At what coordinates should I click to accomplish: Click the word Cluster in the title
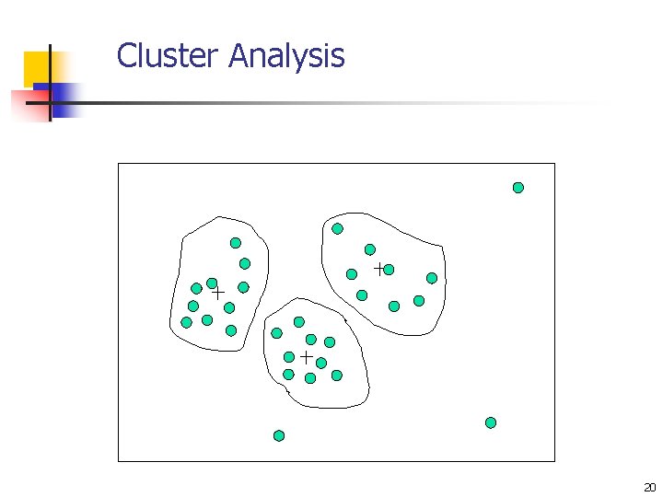(168, 56)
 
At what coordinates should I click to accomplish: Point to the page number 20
(650, 487)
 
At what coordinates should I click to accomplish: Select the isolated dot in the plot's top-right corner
(518, 188)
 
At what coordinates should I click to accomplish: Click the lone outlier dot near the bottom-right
(491, 422)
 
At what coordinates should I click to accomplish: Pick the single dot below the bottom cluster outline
(279, 435)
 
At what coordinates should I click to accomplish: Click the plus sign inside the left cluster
(218, 292)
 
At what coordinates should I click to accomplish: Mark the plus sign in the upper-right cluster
(378, 268)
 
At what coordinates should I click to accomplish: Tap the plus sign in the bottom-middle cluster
(306, 355)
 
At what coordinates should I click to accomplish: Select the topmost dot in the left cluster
(236, 243)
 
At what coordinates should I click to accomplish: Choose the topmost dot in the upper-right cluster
(338, 228)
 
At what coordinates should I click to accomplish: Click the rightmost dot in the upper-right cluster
(432, 278)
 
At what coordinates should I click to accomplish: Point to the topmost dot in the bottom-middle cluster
(299, 322)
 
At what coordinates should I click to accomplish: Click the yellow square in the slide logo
(38, 67)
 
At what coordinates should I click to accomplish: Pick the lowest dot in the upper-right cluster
(394, 306)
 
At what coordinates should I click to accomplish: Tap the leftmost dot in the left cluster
(187, 322)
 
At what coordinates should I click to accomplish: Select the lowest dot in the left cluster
(231, 329)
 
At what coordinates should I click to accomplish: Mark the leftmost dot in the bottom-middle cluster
(276, 333)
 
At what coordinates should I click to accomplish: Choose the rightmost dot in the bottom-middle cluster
(337, 376)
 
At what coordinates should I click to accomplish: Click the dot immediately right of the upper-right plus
(389, 270)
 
